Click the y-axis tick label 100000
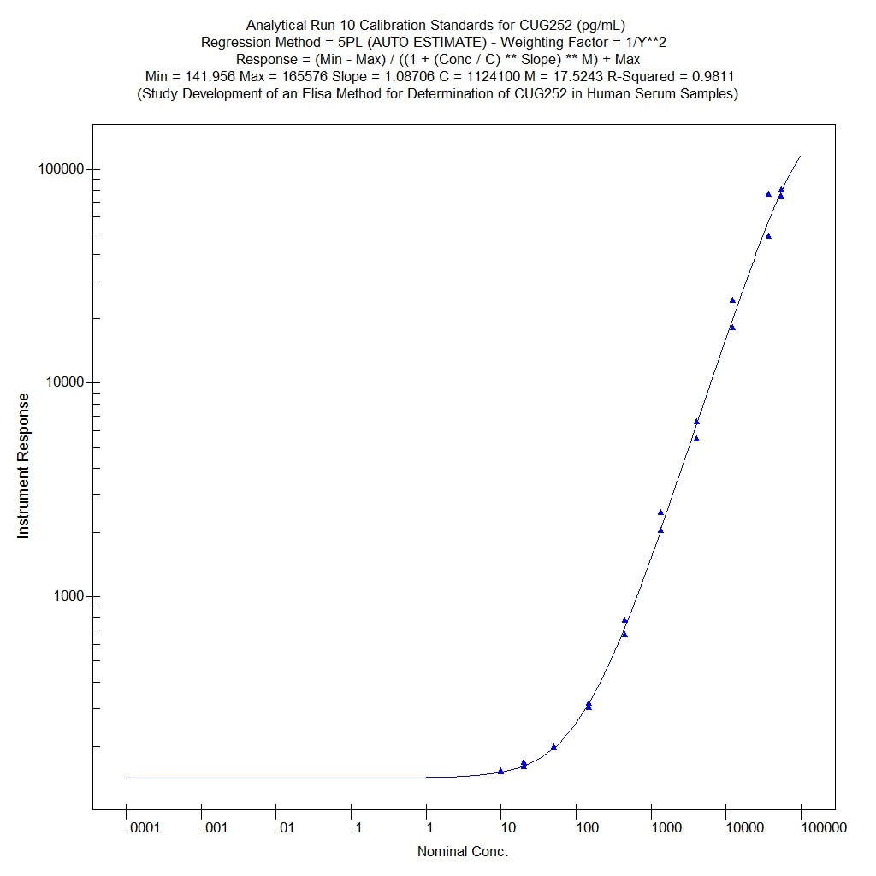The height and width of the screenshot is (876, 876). point(62,169)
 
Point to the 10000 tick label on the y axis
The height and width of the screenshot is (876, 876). point(65,382)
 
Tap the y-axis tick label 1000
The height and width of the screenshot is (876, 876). point(68,596)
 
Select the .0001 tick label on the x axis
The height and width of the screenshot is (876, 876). point(126,827)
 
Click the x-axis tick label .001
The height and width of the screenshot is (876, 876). point(201,827)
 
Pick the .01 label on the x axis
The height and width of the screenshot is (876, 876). point(276,827)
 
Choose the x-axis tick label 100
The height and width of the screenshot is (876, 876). point(587,827)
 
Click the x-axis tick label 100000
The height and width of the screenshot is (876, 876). point(802,827)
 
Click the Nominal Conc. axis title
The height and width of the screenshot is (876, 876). point(463,851)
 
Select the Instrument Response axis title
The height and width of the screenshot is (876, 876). point(24,465)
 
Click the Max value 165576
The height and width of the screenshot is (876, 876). point(307,76)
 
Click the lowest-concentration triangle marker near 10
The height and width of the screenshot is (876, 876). point(500,771)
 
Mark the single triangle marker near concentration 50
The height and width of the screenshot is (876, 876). point(553,747)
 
